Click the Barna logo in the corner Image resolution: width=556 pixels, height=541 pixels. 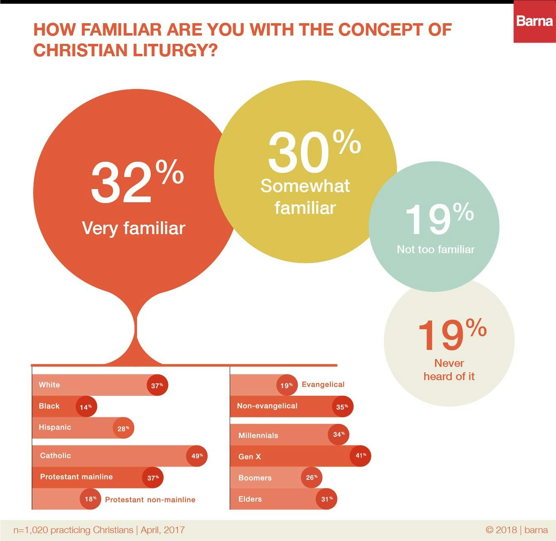(x=534, y=22)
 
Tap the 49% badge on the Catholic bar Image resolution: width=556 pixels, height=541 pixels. (x=197, y=456)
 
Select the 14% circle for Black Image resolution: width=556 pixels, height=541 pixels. (x=86, y=407)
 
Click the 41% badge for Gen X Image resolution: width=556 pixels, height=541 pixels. (x=360, y=456)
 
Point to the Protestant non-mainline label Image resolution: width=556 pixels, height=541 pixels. (x=150, y=500)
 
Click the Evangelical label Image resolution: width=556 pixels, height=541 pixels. (x=323, y=385)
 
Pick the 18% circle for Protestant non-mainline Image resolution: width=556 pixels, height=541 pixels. (x=90, y=499)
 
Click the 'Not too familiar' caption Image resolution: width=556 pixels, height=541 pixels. (x=436, y=249)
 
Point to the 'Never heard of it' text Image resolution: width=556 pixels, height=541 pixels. (x=449, y=370)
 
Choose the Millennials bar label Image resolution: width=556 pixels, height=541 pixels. (x=258, y=436)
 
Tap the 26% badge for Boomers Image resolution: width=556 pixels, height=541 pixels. (x=311, y=477)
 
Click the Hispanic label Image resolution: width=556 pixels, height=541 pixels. (x=55, y=427)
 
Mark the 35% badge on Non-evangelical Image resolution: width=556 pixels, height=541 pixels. (x=342, y=407)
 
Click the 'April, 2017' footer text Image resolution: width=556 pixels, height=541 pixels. (x=163, y=530)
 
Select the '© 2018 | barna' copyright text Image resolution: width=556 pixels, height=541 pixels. (x=517, y=530)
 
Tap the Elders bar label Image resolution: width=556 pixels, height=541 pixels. (x=250, y=499)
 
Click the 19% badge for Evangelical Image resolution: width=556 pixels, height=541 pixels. (x=287, y=385)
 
